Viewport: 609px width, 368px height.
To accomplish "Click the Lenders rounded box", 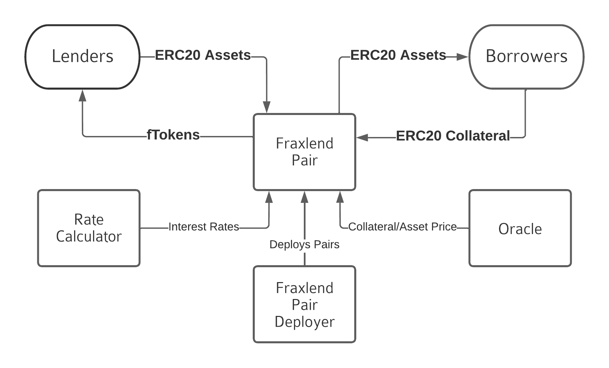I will (x=83, y=57).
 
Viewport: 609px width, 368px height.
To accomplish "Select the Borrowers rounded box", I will (x=526, y=57).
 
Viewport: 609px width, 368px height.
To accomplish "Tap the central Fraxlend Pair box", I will (x=304, y=152).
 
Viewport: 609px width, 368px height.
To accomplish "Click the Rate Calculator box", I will (x=89, y=228).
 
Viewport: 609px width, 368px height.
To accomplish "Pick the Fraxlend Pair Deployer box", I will (x=304, y=304).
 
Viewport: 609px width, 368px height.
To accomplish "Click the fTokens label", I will (x=173, y=135).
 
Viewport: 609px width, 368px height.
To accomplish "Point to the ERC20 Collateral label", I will (x=453, y=136).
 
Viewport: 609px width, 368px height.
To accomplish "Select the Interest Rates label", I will (x=204, y=227).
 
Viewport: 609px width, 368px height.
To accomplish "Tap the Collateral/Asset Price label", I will (x=402, y=227).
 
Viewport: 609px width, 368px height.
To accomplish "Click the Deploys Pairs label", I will (x=304, y=245).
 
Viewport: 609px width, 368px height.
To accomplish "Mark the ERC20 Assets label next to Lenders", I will (x=203, y=55).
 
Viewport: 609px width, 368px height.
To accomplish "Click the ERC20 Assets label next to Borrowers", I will (x=398, y=55).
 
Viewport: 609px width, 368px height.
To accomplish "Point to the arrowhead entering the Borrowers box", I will (x=462, y=57).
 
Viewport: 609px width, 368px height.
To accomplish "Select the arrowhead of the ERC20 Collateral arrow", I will (x=362, y=137).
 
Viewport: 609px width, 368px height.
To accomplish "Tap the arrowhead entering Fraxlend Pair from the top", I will (x=267, y=107).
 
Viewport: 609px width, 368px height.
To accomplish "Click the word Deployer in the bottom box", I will (x=304, y=322).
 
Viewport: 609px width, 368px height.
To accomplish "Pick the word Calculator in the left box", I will (x=89, y=236).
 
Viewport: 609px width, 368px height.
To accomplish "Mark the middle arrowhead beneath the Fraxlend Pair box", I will (x=304, y=197).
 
